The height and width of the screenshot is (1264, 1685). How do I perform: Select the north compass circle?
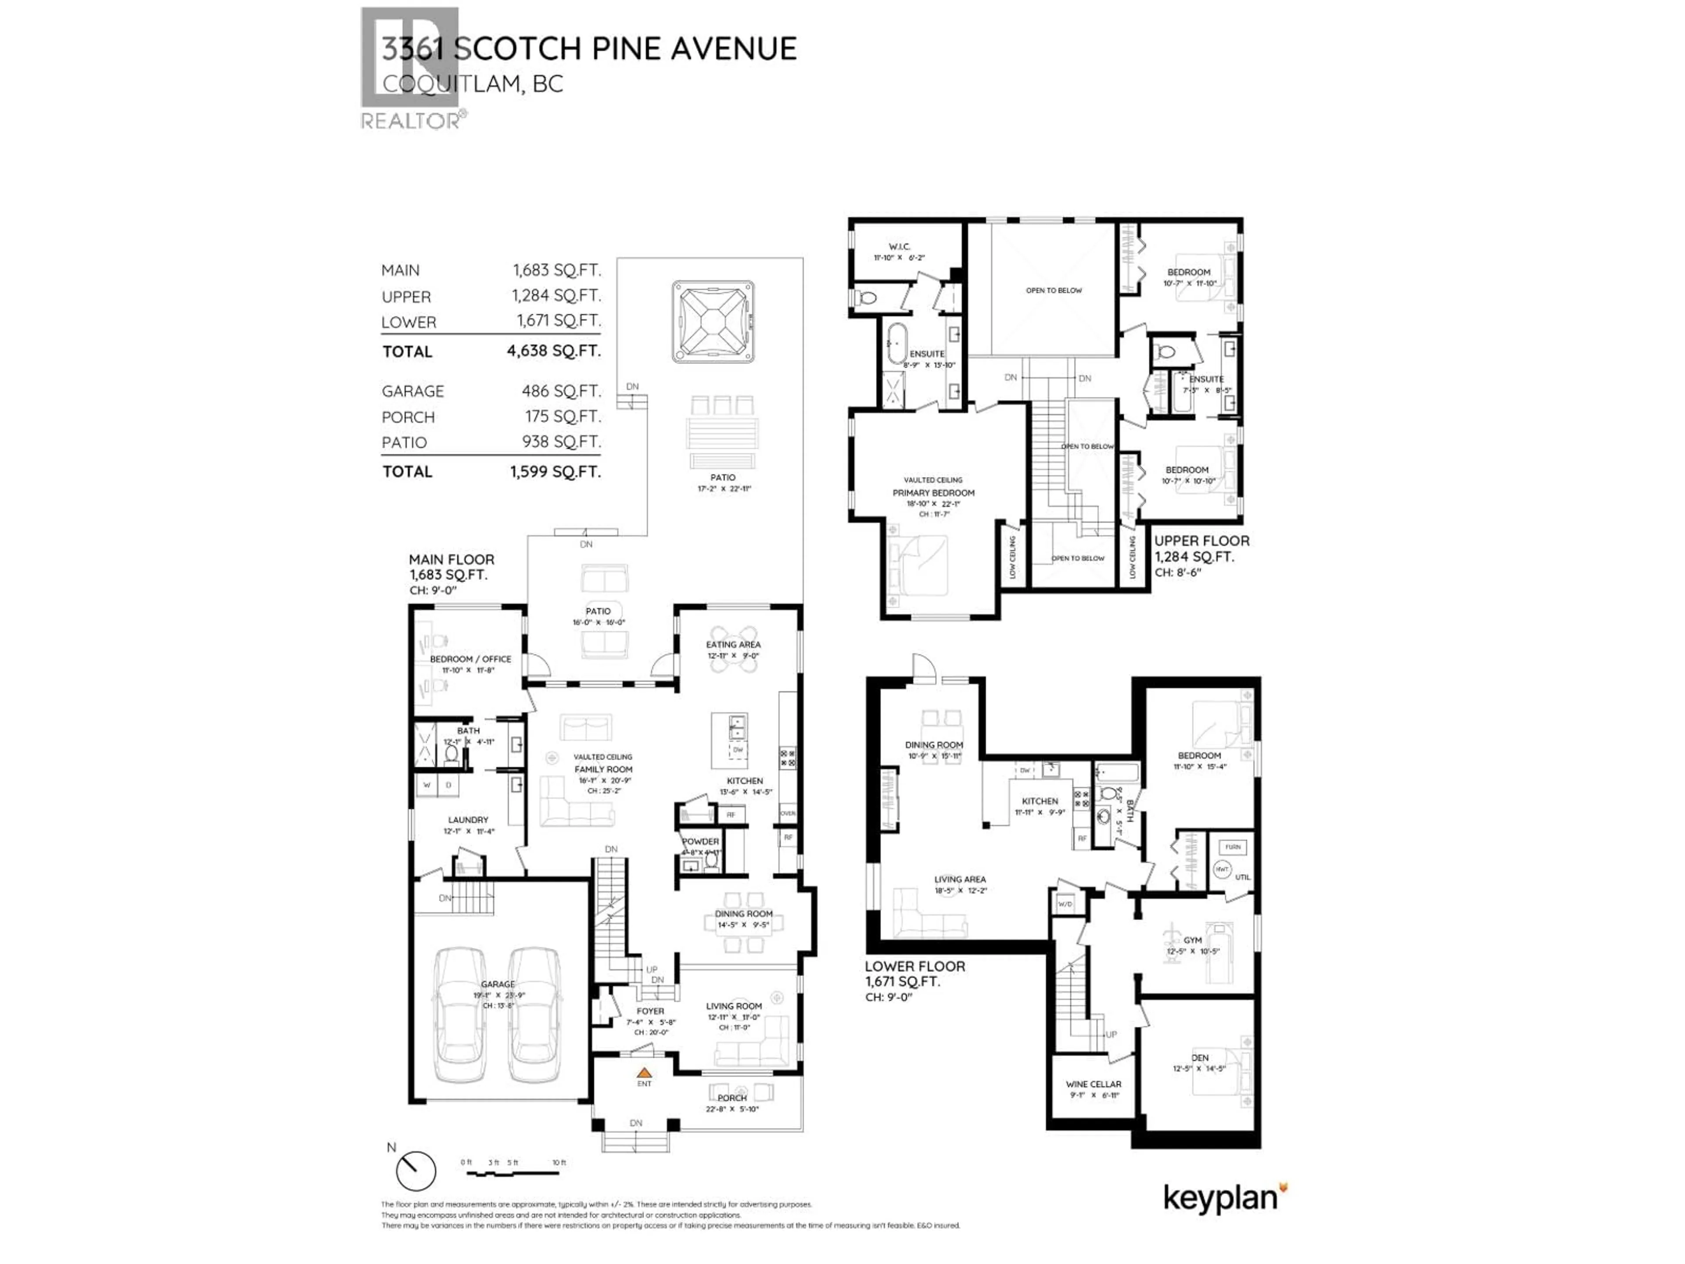tap(416, 1171)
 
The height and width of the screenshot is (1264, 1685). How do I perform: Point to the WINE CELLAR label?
tap(1093, 1084)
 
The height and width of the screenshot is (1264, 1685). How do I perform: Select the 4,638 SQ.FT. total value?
tap(554, 351)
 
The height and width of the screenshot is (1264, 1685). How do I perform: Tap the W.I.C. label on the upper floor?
tap(899, 247)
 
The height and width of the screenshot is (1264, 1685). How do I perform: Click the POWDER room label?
tap(700, 841)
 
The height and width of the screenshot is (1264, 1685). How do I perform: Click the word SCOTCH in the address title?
tap(517, 49)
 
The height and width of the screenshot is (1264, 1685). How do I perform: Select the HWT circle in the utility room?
tap(1222, 869)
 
